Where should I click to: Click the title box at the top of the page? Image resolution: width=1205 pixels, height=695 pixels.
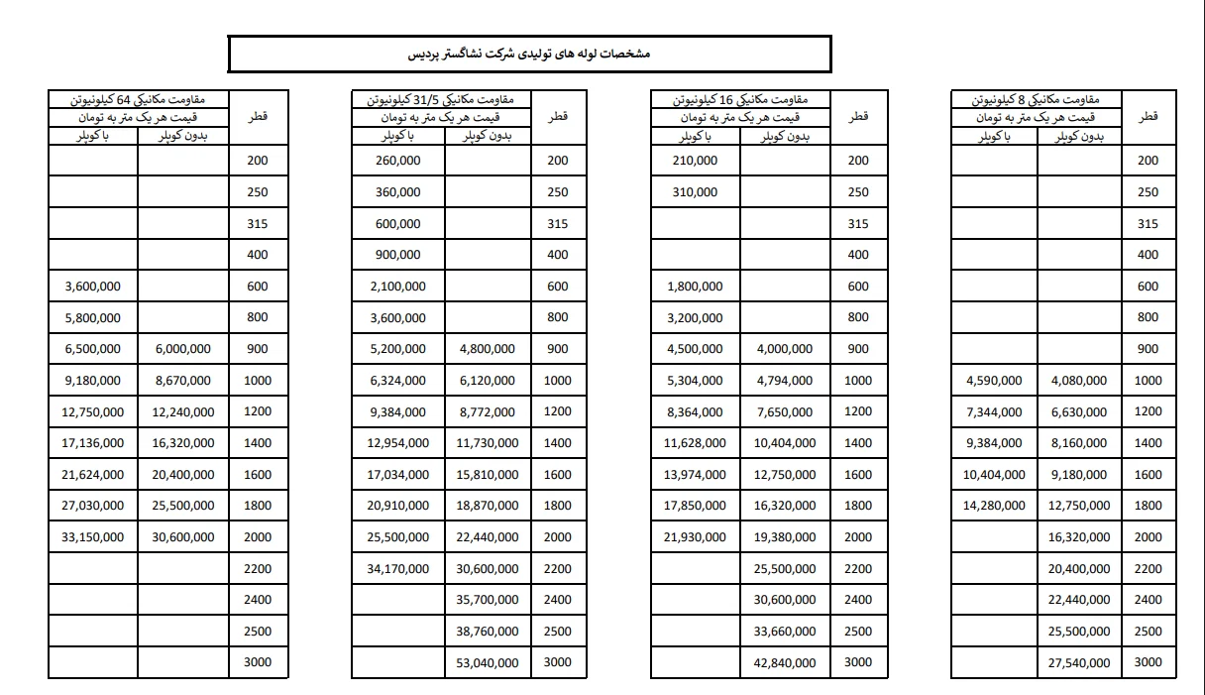(529, 55)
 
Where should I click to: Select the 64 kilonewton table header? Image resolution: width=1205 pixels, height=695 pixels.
(138, 100)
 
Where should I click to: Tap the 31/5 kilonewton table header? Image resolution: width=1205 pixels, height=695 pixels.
(440, 100)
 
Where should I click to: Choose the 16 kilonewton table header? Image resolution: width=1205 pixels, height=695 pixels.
(740, 100)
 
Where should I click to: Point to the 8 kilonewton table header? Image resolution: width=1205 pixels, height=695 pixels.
(1037, 100)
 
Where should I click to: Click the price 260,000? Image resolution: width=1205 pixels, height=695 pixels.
(398, 161)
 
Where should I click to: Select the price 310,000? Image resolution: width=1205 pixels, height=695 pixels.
(695, 192)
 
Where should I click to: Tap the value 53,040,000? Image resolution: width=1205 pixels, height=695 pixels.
(488, 662)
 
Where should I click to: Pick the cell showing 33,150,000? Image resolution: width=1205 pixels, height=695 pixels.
(93, 537)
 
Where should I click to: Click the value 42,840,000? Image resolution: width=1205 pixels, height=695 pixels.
(785, 662)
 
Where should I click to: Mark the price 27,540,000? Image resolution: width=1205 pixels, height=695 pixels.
(1079, 662)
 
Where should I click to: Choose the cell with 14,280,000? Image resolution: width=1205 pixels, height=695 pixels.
(994, 506)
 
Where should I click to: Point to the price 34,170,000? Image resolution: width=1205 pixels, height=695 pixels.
(398, 569)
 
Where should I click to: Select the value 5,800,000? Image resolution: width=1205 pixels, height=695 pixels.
(93, 318)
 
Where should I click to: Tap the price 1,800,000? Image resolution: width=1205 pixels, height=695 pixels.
(695, 287)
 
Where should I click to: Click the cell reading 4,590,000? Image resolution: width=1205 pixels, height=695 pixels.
(994, 381)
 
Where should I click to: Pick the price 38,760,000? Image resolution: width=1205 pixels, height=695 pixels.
(488, 632)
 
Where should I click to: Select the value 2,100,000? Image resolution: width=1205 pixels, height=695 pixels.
(398, 287)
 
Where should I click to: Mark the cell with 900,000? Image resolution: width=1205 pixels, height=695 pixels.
(398, 255)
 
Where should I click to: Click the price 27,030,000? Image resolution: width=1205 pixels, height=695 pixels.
(93, 506)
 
